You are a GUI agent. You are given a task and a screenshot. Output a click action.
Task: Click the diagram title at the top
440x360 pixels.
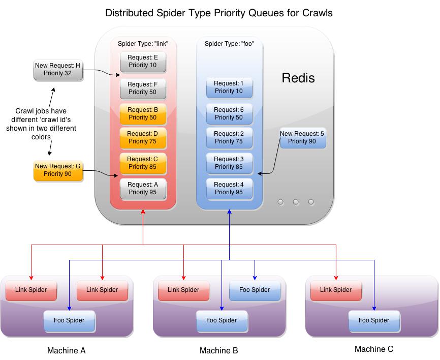point(219,13)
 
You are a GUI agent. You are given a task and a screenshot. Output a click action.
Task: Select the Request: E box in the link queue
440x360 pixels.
point(143,62)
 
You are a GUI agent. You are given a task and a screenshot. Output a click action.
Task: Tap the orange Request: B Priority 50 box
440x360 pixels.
point(143,114)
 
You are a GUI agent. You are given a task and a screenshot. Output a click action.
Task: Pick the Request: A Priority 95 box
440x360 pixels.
point(143,189)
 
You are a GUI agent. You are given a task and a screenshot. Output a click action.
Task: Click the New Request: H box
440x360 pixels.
point(57,70)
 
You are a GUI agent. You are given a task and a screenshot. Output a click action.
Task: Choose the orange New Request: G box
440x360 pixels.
point(57,170)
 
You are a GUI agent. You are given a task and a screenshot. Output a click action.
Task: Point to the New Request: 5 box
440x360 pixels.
point(302,138)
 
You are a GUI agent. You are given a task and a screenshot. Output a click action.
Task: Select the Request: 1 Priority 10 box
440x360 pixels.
point(229,87)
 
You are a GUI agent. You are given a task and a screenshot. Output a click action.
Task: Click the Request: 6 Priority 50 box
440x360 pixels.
point(229,114)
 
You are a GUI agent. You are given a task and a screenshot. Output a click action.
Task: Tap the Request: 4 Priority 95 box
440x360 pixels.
point(229,189)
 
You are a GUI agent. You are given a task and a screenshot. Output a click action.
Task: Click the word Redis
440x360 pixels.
point(298,78)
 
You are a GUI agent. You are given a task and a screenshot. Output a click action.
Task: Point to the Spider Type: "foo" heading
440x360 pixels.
point(229,44)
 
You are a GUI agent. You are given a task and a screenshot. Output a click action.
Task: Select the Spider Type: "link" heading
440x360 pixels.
point(143,44)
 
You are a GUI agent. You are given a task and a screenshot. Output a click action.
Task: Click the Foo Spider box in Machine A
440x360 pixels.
point(69,320)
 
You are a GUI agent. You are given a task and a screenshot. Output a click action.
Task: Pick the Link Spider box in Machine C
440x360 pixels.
point(335,290)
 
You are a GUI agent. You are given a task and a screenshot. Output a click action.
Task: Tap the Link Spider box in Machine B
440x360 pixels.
point(183,290)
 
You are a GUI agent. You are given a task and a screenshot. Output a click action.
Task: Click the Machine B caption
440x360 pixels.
point(218,351)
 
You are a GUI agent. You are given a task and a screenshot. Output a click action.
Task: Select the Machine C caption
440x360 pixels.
point(374,349)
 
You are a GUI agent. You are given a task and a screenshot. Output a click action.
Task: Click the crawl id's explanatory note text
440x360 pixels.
point(41,124)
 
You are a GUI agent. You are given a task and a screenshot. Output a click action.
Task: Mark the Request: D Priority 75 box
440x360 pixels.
point(143,138)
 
